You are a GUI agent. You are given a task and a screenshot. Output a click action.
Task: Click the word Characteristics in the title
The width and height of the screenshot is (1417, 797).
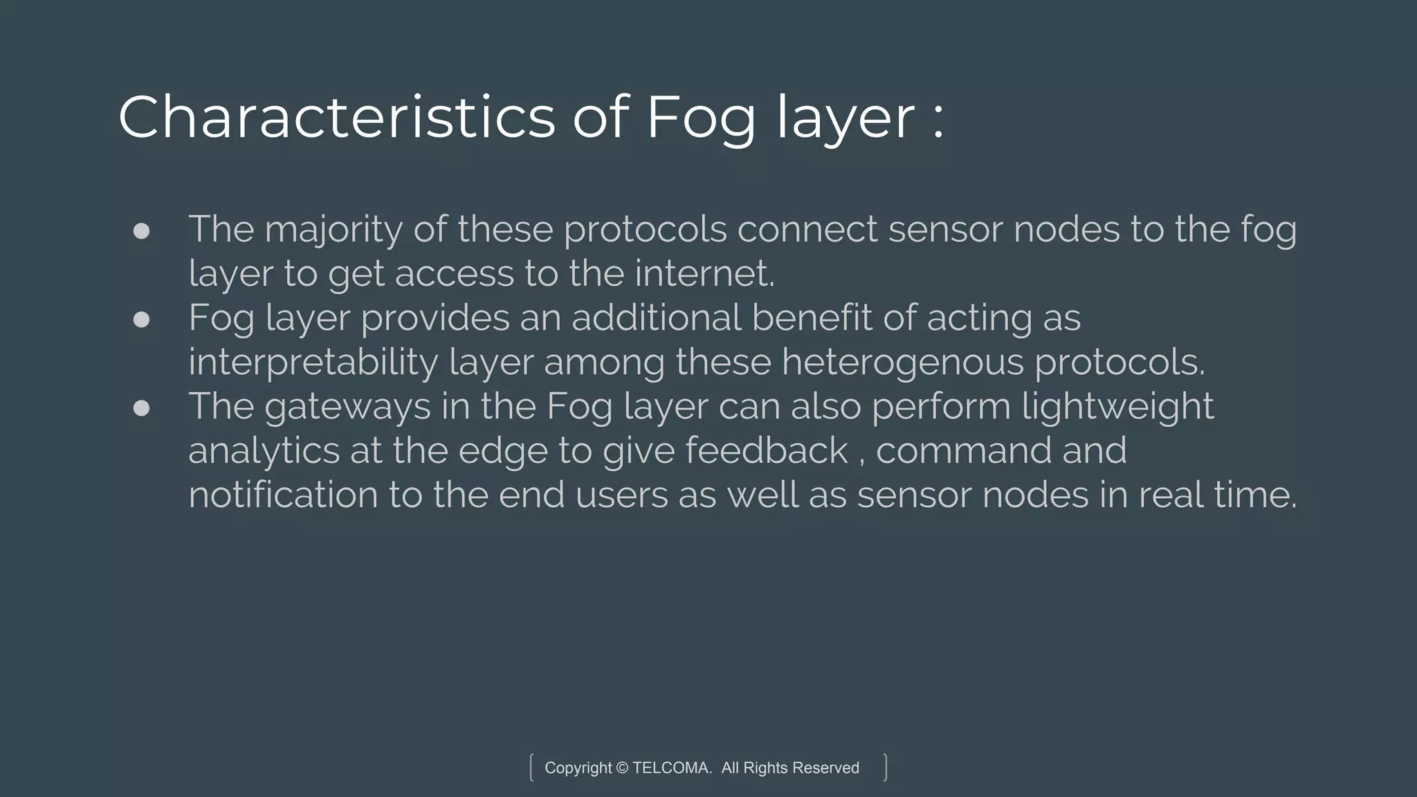click(x=336, y=117)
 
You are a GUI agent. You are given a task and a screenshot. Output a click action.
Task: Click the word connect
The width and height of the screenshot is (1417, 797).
click(x=807, y=230)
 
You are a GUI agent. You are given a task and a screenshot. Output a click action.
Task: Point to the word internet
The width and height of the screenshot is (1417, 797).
click(x=704, y=273)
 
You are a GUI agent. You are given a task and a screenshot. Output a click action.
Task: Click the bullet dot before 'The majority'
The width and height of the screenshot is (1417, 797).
click(x=141, y=231)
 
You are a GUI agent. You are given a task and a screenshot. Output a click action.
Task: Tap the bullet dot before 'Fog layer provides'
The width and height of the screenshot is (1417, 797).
click(x=141, y=319)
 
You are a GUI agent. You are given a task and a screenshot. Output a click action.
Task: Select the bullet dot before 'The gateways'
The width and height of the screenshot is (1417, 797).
click(x=141, y=407)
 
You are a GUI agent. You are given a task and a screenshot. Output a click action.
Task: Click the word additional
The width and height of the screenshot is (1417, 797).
click(x=656, y=318)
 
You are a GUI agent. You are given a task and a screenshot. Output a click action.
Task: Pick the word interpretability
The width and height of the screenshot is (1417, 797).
click(x=313, y=363)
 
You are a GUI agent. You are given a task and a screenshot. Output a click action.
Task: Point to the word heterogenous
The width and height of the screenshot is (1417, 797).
click(x=902, y=363)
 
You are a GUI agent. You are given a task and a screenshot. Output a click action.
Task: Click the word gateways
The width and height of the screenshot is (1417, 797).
click(x=347, y=407)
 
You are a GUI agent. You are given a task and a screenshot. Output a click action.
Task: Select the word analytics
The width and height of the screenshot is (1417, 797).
click(x=264, y=451)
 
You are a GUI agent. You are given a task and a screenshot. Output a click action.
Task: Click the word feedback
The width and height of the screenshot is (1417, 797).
click(x=766, y=450)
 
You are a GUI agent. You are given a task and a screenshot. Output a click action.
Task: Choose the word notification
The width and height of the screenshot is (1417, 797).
click(x=283, y=495)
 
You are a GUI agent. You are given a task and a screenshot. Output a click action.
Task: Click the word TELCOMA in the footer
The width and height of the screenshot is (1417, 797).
click(x=671, y=768)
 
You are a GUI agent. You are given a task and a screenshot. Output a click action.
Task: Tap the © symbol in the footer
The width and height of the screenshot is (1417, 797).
click(x=622, y=768)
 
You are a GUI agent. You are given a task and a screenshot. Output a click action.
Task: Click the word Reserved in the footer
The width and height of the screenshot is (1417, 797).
click(x=825, y=768)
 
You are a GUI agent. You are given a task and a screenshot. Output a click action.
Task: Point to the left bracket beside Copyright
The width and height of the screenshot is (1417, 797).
click(x=531, y=767)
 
